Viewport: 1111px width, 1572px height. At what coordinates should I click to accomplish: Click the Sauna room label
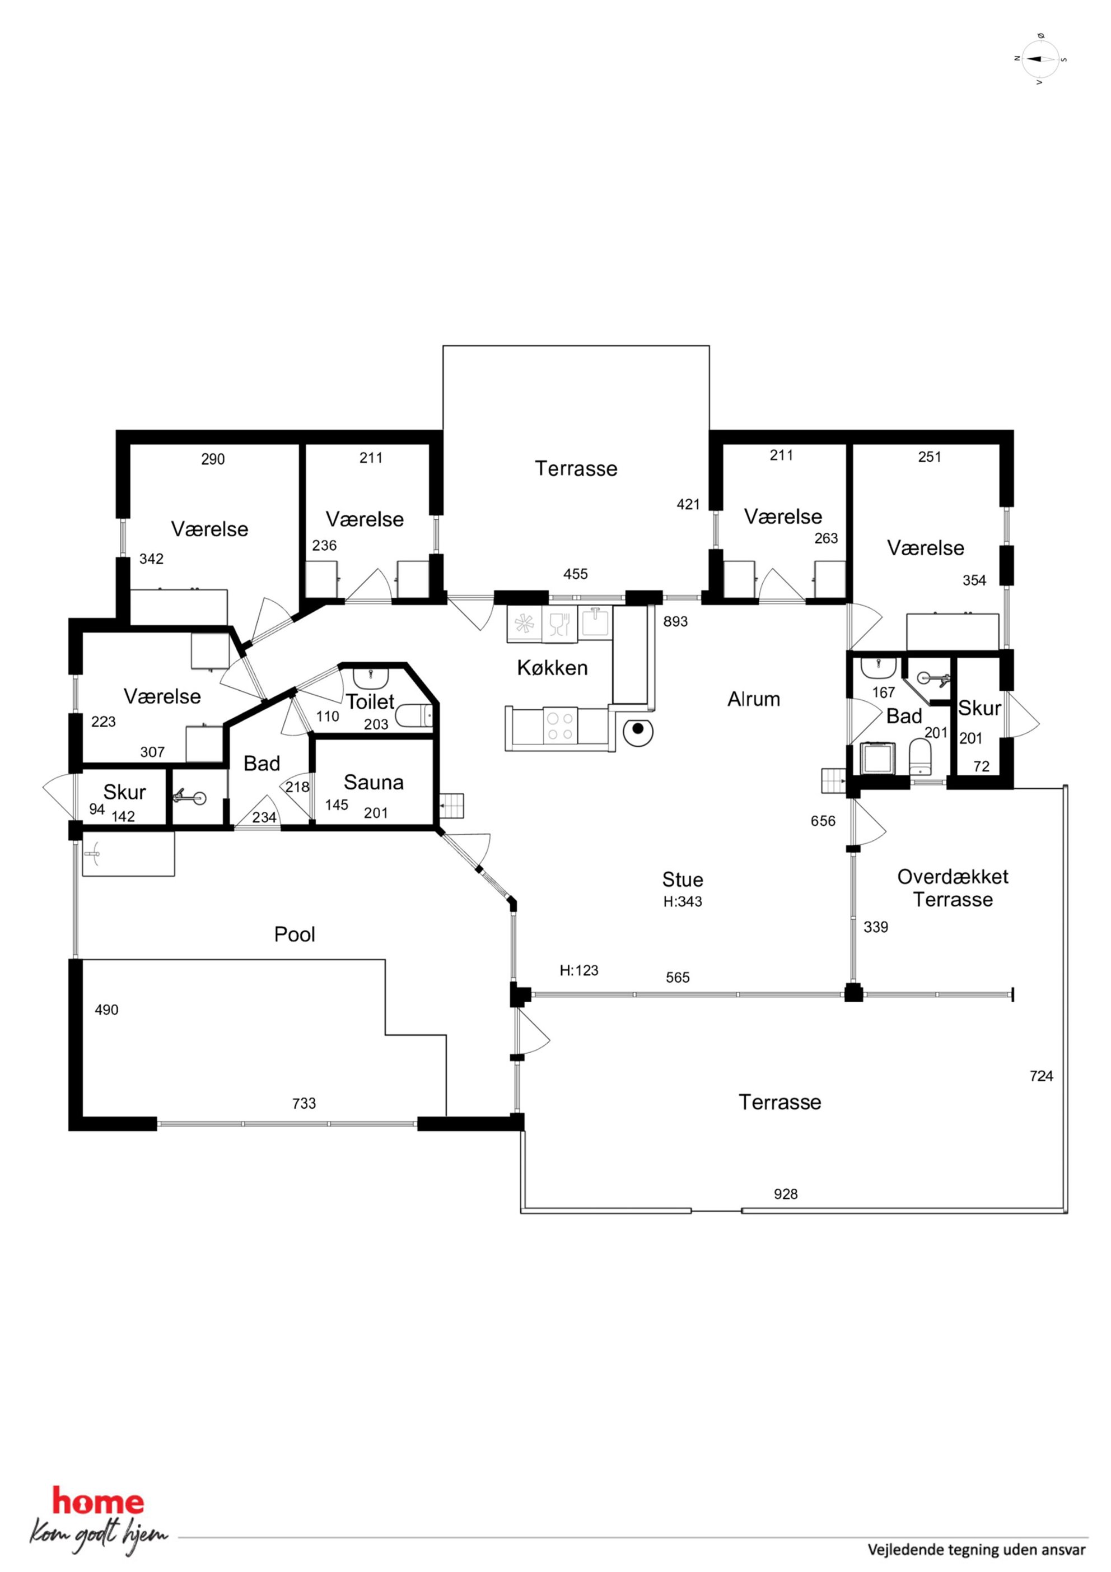(x=373, y=782)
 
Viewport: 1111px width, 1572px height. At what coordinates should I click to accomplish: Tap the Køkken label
(x=552, y=668)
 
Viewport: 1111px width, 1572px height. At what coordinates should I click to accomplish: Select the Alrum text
(x=754, y=699)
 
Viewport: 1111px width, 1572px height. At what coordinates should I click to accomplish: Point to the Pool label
(x=295, y=934)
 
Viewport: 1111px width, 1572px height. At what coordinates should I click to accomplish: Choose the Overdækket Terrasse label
(x=953, y=887)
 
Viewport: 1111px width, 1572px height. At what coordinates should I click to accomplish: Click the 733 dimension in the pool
(x=304, y=1103)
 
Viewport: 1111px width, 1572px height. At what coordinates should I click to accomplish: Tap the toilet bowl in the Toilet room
(x=415, y=715)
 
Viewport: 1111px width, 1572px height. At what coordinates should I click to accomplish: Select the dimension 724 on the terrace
(x=1041, y=1076)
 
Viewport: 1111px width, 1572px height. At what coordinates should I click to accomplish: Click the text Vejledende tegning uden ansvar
(x=977, y=1550)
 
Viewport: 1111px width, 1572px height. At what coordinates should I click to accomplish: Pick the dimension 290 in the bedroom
(x=213, y=459)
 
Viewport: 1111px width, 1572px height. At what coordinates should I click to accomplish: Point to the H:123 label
(x=578, y=970)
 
